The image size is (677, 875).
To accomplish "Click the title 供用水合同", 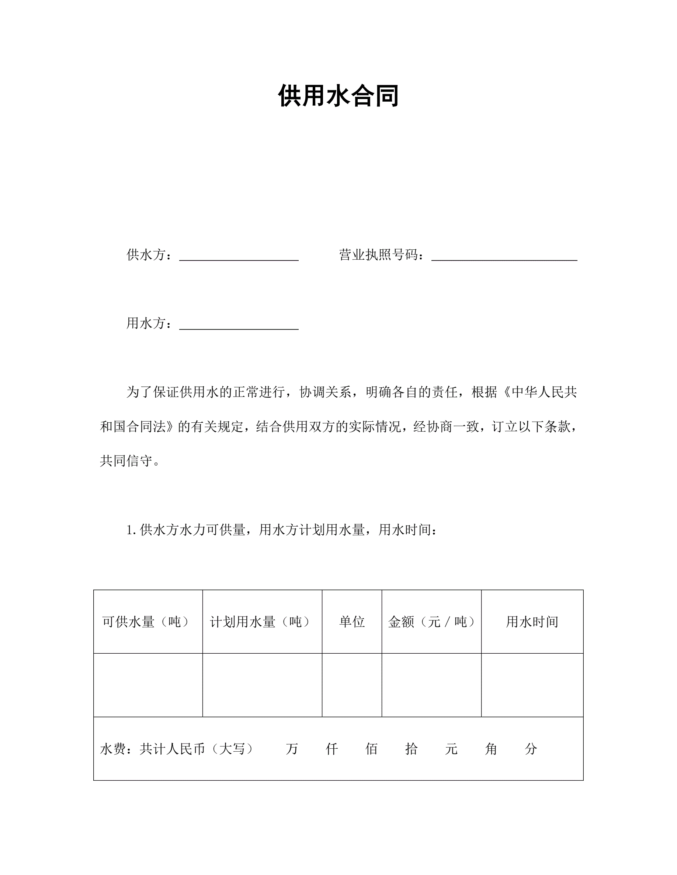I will (338, 96).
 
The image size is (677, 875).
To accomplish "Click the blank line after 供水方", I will (239, 256).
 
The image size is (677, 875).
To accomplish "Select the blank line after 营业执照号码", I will (504, 256).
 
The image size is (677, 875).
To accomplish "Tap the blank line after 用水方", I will (239, 325).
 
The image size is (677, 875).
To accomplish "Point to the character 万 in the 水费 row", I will (292, 749).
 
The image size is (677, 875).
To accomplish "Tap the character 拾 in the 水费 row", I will (411, 749).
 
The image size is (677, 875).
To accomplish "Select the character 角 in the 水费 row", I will (491, 749).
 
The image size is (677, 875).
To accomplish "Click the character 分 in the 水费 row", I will (531, 749).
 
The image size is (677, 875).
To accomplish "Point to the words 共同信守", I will (126, 461).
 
